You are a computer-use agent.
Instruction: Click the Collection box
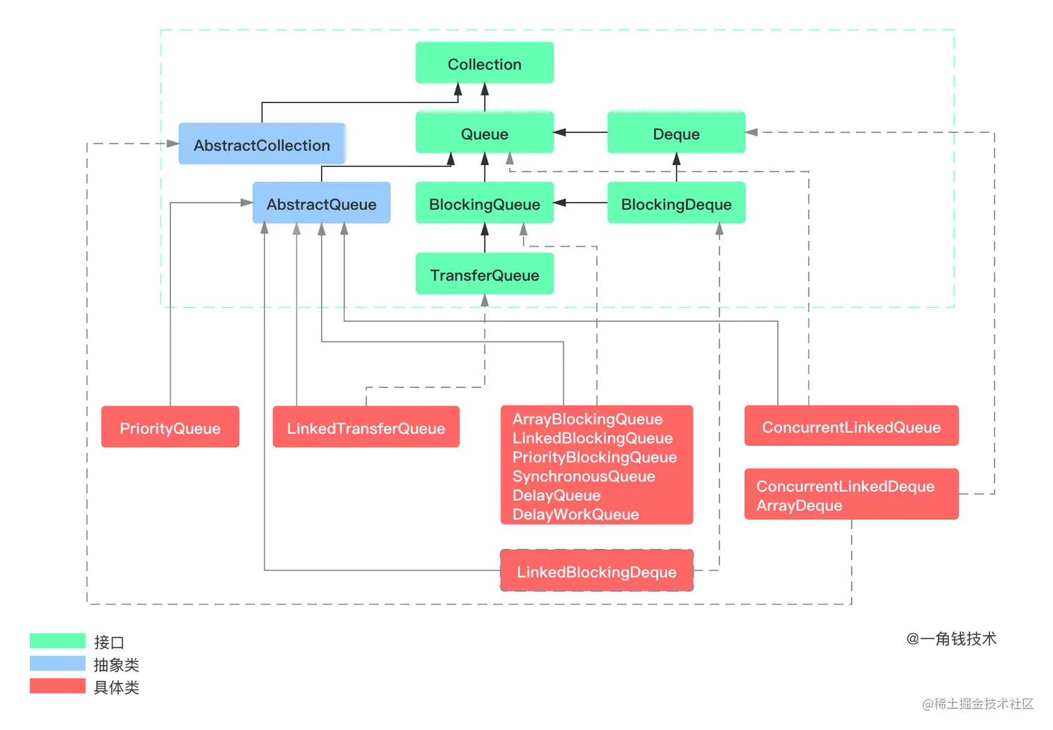(x=485, y=63)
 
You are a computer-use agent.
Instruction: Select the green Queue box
(x=485, y=133)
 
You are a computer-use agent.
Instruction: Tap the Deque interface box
(x=676, y=133)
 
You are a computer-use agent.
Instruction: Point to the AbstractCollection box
(x=262, y=145)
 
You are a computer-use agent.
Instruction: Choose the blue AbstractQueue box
(x=321, y=203)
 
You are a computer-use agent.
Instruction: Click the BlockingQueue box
(x=485, y=203)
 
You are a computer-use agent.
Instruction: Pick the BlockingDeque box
(x=676, y=203)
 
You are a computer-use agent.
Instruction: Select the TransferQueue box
(x=485, y=274)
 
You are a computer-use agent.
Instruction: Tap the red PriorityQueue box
(x=170, y=428)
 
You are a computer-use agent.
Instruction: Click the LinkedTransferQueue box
(x=366, y=428)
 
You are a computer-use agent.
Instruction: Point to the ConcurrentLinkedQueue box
(x=851, y=426)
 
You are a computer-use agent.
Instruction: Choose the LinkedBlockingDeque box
(x=596, y=571)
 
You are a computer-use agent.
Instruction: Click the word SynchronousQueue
(x=584, y=476)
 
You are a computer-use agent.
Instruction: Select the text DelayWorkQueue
(x=575, y=515)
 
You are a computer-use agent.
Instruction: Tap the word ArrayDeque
(x=799, y=506)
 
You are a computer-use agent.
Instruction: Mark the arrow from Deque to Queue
(x=581, y=132)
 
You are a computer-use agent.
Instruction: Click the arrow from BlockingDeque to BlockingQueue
(x=581, y=203)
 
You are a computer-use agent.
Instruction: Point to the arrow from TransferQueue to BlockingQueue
(x=485, y=238)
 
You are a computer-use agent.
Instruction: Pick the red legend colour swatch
(x=58, y=685)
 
